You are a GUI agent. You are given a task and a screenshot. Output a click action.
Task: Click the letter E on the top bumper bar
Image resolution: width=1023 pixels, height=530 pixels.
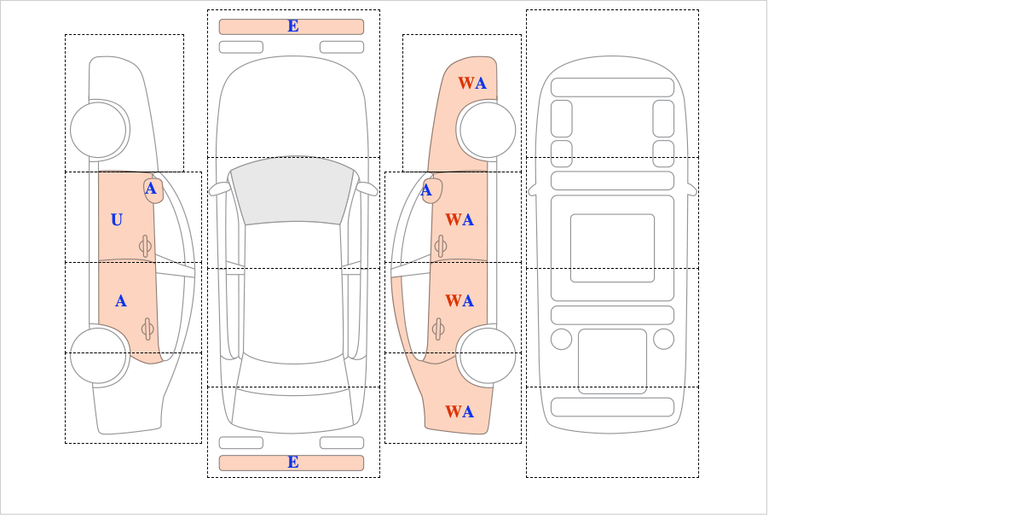293,26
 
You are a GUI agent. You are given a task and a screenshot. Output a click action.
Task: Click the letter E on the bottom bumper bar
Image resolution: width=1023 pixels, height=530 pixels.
293,463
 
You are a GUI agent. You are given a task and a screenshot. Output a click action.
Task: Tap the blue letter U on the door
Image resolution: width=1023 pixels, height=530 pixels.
117,220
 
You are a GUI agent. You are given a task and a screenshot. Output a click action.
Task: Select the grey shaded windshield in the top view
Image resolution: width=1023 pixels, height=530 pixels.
292,190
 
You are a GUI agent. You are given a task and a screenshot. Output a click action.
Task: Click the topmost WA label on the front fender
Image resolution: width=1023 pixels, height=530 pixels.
472,84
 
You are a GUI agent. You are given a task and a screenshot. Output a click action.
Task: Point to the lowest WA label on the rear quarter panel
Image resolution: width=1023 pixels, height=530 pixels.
459,411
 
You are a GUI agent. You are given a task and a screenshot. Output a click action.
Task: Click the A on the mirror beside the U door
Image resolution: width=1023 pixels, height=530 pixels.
151,189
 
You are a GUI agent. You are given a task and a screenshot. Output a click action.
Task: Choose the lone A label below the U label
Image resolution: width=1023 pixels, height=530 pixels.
120,301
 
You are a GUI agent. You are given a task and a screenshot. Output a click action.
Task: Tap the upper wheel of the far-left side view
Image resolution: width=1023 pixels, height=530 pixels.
98,130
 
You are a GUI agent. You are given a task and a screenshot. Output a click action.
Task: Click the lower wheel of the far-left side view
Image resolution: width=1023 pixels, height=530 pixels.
98,355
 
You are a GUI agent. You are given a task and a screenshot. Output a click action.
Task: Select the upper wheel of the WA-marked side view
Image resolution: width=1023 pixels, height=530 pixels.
488,130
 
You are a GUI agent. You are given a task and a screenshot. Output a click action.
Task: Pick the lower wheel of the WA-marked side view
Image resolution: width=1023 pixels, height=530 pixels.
488,355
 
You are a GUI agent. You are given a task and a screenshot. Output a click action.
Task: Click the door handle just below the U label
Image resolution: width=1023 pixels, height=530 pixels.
145,247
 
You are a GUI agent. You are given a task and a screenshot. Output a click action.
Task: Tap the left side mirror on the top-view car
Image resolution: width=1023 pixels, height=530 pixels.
219,189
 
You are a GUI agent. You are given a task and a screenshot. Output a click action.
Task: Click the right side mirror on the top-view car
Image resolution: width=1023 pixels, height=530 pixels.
367,189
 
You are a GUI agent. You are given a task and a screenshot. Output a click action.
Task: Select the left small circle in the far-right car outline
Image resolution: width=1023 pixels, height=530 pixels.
561,340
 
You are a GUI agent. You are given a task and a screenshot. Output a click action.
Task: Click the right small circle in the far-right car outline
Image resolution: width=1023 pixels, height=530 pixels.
663,340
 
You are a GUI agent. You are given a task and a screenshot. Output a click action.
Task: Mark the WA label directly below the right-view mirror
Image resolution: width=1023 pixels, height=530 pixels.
459,220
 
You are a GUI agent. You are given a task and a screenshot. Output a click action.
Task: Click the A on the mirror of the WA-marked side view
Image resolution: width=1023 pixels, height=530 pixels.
426,190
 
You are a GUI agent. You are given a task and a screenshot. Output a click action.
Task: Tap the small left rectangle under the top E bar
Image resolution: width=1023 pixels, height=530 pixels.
241,47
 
